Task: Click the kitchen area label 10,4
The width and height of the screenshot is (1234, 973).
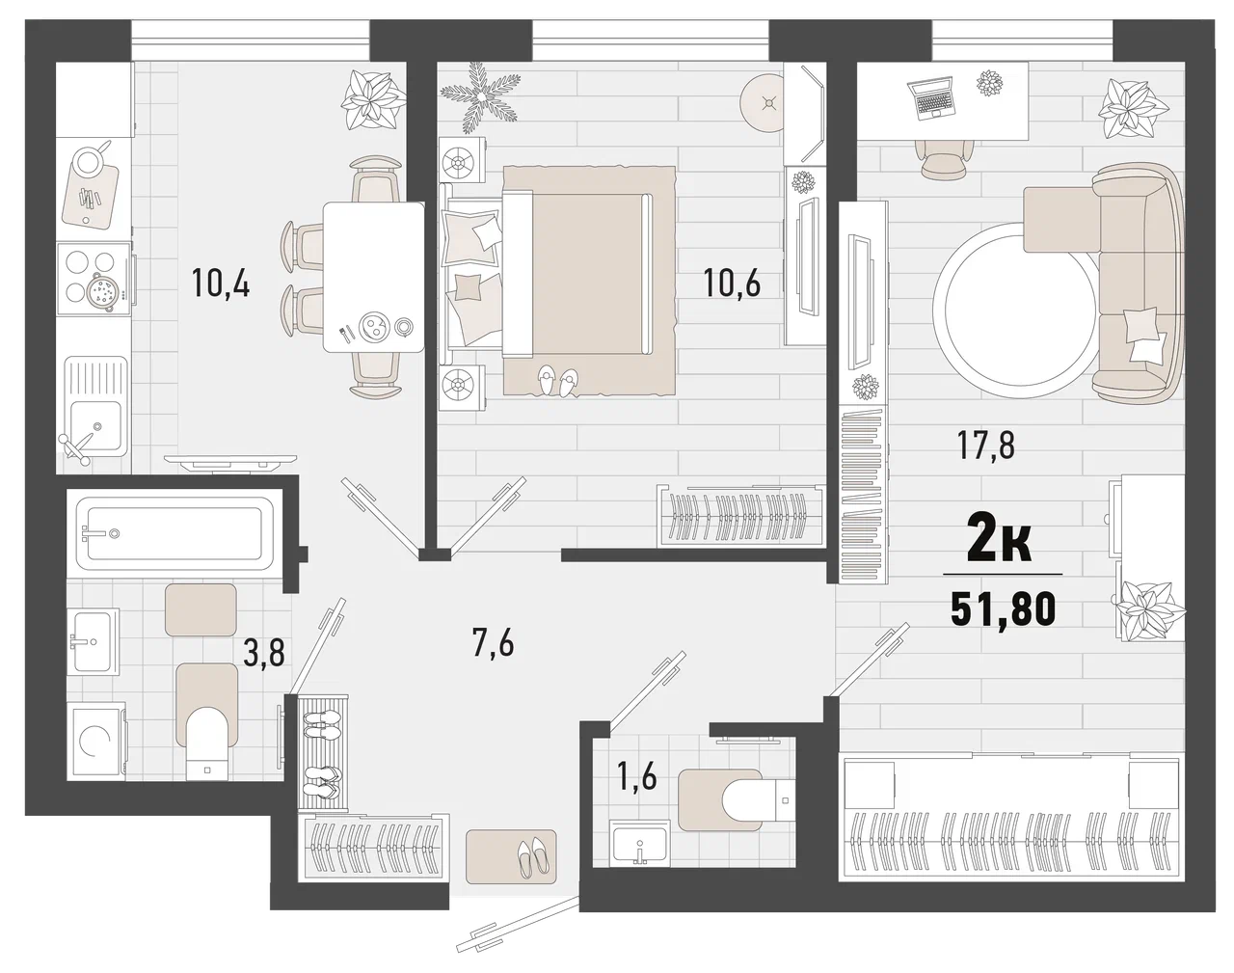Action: pyautogui.click(x=221, y=283)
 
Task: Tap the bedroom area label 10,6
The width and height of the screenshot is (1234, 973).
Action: pyautogui.click(x=733, y=283)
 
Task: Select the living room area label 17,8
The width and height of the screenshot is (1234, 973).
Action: pyautogui.click(x=986, y=446)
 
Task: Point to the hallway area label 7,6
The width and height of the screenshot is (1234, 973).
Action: pyautogui.click(x=494, y=642)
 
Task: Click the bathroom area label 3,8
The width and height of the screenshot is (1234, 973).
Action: pyautogui.click(x=264, y=653)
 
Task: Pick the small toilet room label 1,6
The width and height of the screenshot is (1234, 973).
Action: pyautogui.click(x=637, y=777)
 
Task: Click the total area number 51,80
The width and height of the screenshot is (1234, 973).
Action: pyautogui.click(x=1003, y=609)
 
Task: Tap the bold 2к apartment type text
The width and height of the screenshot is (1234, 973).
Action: pyautogui.click(x=1000, y=545)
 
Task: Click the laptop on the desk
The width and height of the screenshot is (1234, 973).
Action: pyautogui.click(x=931, y=98)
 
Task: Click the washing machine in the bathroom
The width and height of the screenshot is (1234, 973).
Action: pyautogui.click(x=96, y=742)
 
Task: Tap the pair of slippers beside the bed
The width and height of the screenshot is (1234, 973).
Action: pyautogui.click(x=558, y=382)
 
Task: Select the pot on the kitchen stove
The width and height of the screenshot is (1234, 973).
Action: pyautogui.click(x=102, y=292)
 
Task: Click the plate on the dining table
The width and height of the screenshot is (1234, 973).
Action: pyautogui.click(x=374, y=327)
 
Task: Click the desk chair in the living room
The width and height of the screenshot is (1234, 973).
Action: pyautogui.click(x=942, y=158)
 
